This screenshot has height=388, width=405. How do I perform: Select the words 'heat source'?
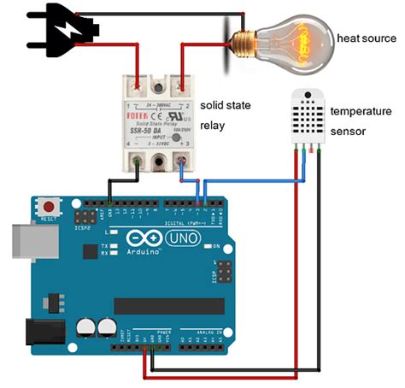367,38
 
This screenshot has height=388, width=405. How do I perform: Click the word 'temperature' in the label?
361,111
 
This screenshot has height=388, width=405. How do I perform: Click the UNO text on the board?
181,237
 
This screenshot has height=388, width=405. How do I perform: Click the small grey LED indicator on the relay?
175,137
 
